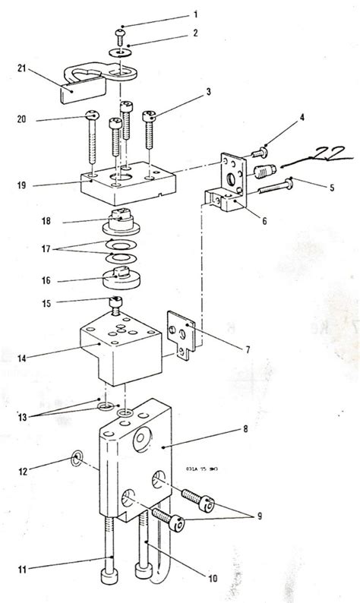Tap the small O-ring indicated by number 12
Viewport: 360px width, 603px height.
click(77, 458)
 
